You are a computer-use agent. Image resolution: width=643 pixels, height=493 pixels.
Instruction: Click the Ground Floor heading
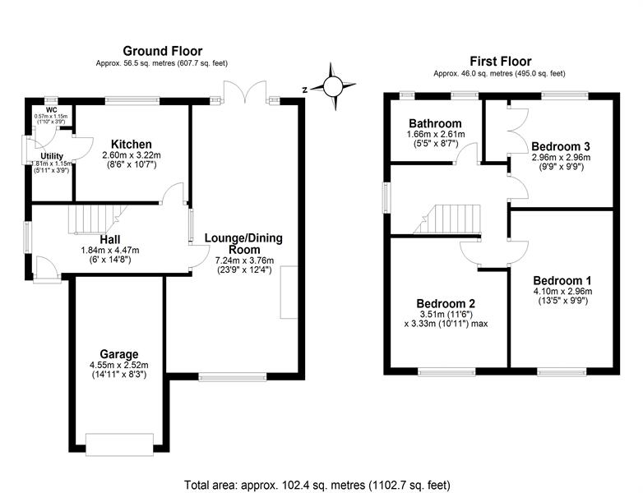[x=162, y=51]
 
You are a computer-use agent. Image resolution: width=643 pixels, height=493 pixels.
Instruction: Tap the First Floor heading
[x=500, y=62]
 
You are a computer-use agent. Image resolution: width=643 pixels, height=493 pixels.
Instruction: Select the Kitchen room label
[x=132, y=145]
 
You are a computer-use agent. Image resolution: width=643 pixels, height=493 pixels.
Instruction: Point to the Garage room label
[x=119, y=354]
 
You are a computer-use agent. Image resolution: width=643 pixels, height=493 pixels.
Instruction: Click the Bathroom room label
[x=435, y=123]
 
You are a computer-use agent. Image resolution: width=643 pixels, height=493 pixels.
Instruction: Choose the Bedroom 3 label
[x=561, y=146]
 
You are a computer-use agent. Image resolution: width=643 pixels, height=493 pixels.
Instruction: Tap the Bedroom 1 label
[x=562, y=281]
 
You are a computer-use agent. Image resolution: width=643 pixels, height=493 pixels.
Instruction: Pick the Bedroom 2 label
[x=446, y=304]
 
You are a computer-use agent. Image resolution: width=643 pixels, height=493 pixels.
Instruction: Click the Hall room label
[x=110, y=239]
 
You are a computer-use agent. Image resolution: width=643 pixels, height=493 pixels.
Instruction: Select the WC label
[x=52, y=110]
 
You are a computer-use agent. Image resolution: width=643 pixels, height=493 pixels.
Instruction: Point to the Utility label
[x=52, y=156]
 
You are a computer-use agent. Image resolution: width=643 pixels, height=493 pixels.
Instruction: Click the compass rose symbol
[x=332, y=86]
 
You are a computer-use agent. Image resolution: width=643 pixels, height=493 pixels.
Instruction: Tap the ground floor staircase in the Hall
[x=96, y=219]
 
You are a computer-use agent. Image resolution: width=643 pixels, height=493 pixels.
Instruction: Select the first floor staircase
[x=446, y=219]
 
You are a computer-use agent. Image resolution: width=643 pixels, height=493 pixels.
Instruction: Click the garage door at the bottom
[x=119, y=445]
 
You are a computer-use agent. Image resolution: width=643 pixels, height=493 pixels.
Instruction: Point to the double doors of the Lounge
[x=245, y=91]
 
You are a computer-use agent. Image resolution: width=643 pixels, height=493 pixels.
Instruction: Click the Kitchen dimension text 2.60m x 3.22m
[x=132, y=156]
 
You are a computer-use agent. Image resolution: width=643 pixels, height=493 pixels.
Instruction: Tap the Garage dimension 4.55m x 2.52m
[x=119, y=365]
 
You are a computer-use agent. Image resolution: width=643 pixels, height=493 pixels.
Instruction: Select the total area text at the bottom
[x=317, y=486]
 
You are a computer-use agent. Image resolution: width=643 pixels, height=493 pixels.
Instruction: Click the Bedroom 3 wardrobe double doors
[x=517, y=131]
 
